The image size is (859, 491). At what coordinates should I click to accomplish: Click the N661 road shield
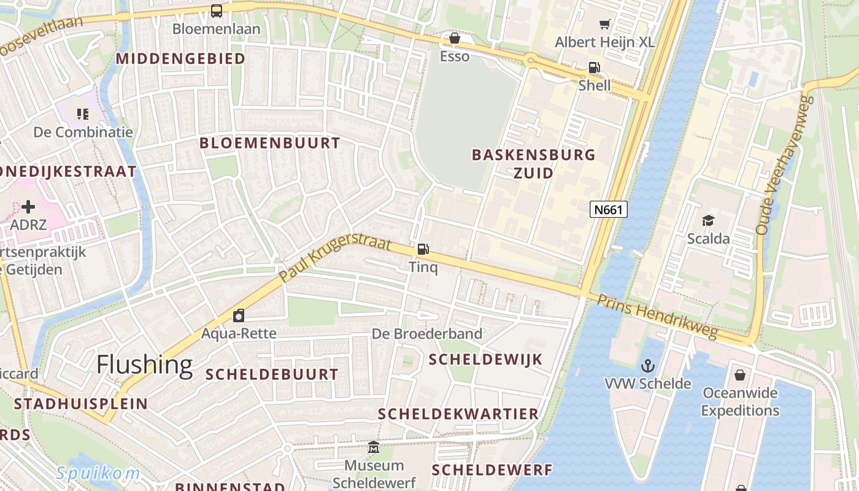[x=609, y=210]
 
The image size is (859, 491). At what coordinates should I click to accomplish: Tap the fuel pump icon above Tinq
[x=423, y=249]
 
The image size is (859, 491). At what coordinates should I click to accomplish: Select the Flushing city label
[x=144, y=365]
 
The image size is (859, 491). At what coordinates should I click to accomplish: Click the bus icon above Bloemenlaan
[x=216, y=10]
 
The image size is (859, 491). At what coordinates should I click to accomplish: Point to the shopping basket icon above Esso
[x=455, y=39]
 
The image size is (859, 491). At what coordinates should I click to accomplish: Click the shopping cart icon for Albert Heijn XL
[x=605, y=25]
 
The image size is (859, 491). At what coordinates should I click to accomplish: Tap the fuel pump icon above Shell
[x=594, y=68]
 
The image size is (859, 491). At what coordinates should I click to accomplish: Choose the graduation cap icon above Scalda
[x=708, y=220]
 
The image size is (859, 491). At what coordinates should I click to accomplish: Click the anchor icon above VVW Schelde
[x=648, y=366]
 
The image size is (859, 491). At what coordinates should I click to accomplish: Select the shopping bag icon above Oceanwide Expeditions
[x=741, y=374]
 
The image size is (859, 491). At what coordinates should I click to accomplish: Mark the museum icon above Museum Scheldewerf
[x=374, y=447]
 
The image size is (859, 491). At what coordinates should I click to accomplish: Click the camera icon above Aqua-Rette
[x=239, y=315]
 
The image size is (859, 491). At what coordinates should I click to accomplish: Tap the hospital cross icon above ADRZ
[x=28, y=207]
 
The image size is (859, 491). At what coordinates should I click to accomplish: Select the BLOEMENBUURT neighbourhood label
[x=269, y=143]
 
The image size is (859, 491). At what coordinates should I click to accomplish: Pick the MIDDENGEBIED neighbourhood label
[x=180, y=58]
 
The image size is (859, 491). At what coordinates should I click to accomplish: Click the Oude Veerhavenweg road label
[x=781, y=164]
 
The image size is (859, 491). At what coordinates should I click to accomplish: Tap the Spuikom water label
[x=98, y=473]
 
